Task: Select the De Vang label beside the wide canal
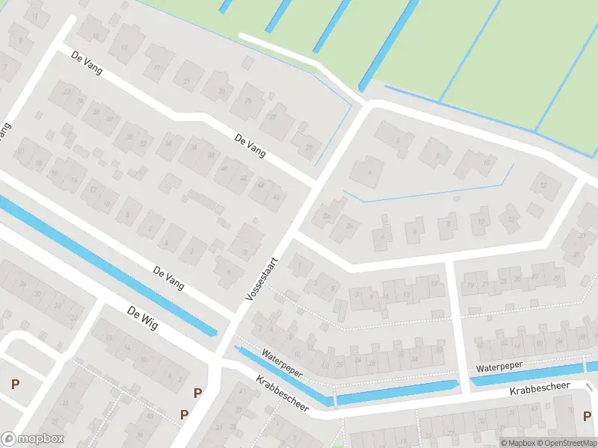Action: point(169,278)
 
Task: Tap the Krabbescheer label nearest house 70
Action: point(540,389)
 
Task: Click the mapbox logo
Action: point(33,439)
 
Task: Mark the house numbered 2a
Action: point(325,217)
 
